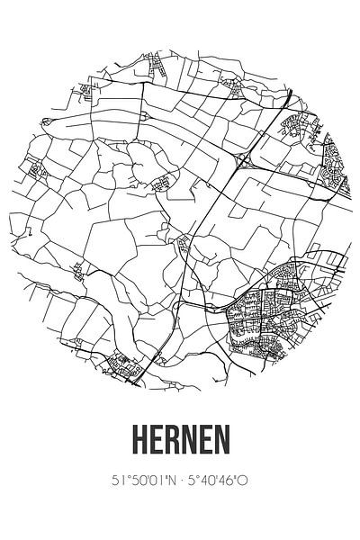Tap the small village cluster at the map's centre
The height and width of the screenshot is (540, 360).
[184, 243]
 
